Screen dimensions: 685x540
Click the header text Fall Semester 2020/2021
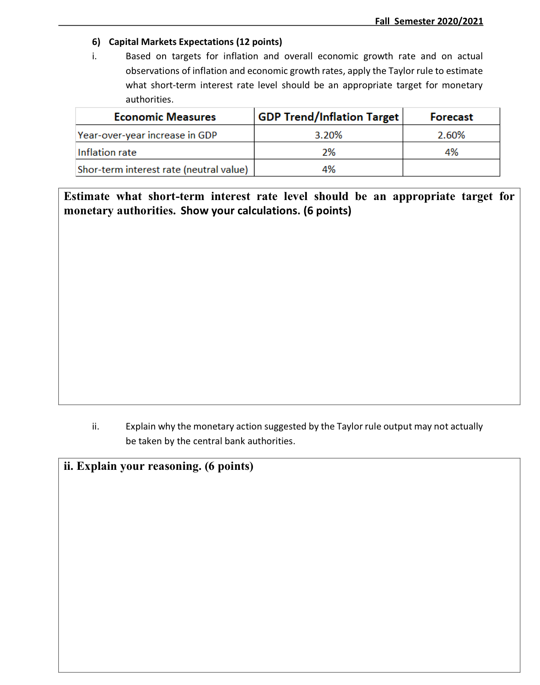(x=429, y=21)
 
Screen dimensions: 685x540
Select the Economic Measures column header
(x=165, y=117)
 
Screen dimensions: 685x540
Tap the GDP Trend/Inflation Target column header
(x=328, y=117)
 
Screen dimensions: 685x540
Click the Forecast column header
(x=451, y=117)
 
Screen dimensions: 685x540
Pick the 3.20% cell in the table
(x=328, y=135)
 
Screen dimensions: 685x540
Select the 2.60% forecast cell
(x=451, y=135)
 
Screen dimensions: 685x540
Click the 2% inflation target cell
(x=328, y=152)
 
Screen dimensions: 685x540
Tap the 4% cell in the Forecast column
(x=451, y=152)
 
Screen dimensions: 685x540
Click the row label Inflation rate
(x=107, y=152)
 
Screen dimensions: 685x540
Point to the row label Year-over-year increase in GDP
(x=147, y=135)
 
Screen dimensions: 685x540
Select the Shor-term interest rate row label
(x=163, y=169)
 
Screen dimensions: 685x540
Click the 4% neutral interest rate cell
(x=328, y=169)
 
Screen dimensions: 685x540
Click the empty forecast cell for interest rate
(x=451, y=168)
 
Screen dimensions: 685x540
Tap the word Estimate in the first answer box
(x=87, y=196)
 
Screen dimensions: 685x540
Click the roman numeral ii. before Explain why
(x=95, y=427)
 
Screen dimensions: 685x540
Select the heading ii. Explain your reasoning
(x=158, y=466)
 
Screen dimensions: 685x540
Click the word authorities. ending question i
(x=149, y=100)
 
